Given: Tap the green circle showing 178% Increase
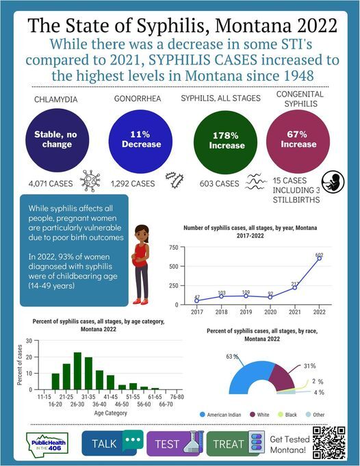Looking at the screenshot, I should tap(227, 140).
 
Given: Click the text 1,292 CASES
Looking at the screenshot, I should tap(135, 183).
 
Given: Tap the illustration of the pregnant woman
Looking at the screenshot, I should tap(140, 264).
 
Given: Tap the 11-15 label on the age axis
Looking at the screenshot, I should tap(45, 396).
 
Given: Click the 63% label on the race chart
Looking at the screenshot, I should tap(231, 357).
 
